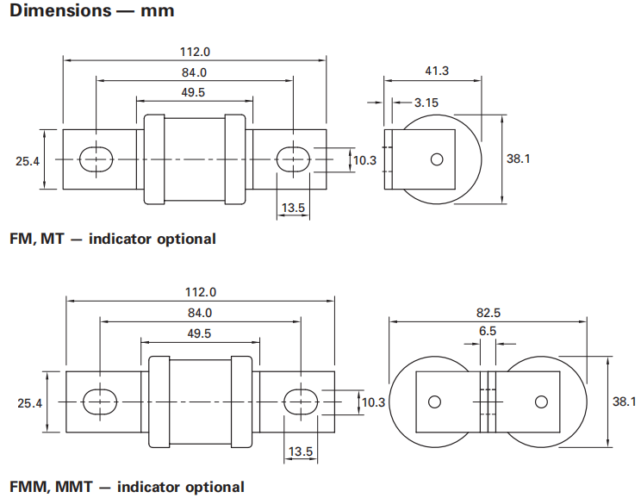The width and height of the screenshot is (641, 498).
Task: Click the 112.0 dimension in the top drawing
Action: coord(194,51)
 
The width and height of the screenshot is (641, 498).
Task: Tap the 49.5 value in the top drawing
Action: coord(194,92)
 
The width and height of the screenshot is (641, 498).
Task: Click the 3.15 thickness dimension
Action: coord(426,103)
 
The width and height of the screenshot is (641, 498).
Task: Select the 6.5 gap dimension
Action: coord(487,330)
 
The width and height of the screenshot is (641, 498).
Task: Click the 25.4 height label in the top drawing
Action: coord(28,159)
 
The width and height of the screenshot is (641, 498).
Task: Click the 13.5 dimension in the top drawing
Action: coord(293,208)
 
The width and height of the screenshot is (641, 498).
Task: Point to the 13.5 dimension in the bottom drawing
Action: coord(301,451)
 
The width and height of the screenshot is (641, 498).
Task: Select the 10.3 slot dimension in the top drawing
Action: coord(364,159)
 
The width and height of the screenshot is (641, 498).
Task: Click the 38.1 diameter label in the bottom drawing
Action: coord(623,402)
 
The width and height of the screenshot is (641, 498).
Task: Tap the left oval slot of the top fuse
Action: coord(95,159)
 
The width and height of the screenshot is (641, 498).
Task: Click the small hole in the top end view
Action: coord(437,159)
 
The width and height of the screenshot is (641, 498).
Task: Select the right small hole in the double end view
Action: coord(541,402)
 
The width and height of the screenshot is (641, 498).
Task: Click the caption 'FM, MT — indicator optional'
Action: coord(112,239)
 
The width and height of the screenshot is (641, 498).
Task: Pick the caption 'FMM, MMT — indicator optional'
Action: coord(127,487)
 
